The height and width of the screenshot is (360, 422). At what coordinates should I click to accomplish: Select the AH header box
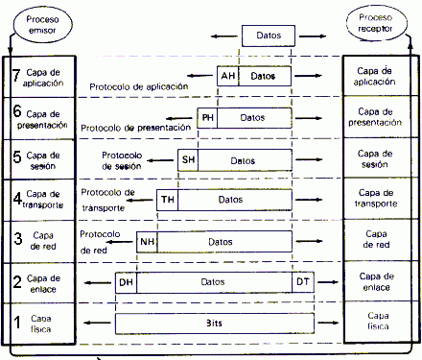(228, 75)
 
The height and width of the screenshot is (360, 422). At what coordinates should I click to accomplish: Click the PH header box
(207, 117)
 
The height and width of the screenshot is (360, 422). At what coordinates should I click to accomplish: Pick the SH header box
(188, 158)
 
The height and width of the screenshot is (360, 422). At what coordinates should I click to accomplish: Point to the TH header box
(168, 200)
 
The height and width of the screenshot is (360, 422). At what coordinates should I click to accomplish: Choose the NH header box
(147, 242)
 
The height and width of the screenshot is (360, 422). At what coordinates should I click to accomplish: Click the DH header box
(125, 282)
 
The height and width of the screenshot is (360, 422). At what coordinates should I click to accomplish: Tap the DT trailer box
(302, 282)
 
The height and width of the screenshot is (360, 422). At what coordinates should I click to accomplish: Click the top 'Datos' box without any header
(269, 36)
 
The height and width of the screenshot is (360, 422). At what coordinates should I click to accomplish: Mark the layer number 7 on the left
(15, 76)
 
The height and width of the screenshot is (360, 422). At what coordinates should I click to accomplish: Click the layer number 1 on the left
(15, 323)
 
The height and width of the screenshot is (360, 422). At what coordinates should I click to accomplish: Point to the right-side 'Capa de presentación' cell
(382, 116)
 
